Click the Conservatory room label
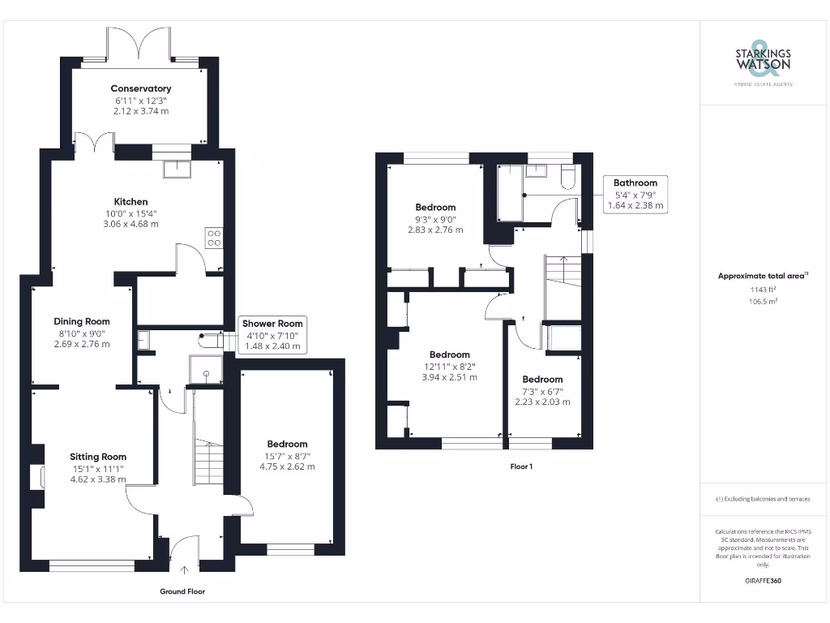(141, 88)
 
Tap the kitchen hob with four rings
(215, 238)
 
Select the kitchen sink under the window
(175, 169)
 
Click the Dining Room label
(81, 321)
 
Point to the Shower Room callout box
(272, 334)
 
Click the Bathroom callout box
(635, 194)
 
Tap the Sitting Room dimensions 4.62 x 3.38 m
(97, 479)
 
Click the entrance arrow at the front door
(184, 570)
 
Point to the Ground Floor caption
(182, 591)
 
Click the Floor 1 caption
(521, 466)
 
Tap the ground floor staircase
(208, 462)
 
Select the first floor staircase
(563, 276)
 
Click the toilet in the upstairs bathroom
(567, 178)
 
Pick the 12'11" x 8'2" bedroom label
(449, 354)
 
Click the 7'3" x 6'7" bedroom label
(542, 379)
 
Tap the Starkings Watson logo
(763, 60)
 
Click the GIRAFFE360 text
(763, 581)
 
